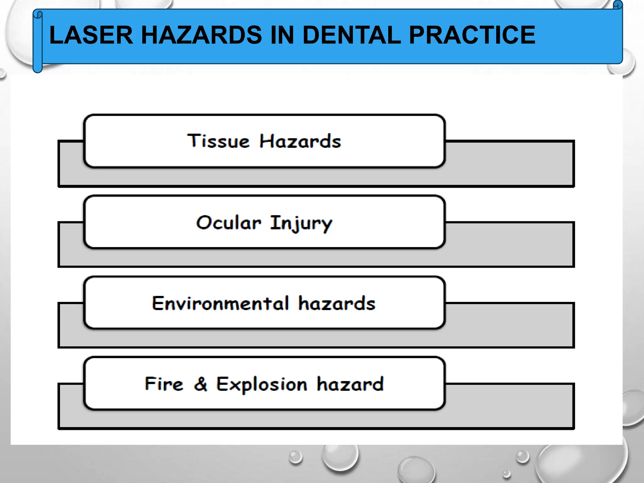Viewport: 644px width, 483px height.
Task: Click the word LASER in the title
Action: [91, 35]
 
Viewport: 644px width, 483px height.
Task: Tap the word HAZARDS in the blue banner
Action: [201, 35]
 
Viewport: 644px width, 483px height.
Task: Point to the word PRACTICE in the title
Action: [472, 35]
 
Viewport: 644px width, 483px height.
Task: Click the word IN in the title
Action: [282, 35]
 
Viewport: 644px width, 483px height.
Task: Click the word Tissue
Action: [218, 141]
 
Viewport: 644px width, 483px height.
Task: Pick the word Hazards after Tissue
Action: [300, 141]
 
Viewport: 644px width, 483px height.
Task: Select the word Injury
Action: [301, 224]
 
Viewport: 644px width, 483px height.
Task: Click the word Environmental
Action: [220, 303]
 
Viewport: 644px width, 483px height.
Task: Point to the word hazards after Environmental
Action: [336, 303]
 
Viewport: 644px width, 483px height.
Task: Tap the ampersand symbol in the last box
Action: [201, 384]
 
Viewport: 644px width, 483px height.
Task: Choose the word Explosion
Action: [262, 385]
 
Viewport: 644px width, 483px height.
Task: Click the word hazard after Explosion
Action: [350, 384]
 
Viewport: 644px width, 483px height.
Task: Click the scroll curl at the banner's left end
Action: [38, 41]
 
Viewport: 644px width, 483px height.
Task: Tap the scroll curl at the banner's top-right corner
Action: [618, 5]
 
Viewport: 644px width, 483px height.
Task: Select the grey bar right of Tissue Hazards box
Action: [509, 164]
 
